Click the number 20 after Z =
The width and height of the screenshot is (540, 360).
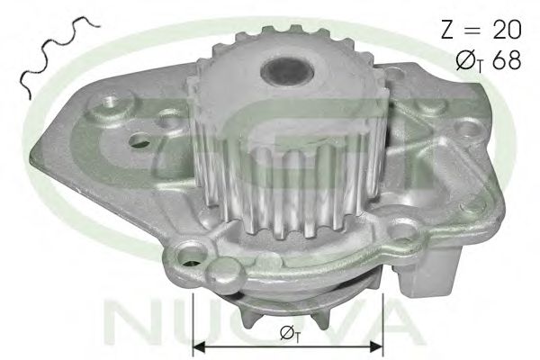508,29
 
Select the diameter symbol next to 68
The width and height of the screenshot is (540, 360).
468,61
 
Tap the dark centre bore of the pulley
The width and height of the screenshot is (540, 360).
288,71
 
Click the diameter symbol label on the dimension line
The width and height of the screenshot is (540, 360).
289,334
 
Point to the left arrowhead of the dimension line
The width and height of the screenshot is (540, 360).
199,346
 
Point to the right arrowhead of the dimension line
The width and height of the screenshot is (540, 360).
376,346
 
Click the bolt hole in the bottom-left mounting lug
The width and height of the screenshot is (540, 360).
189,257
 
